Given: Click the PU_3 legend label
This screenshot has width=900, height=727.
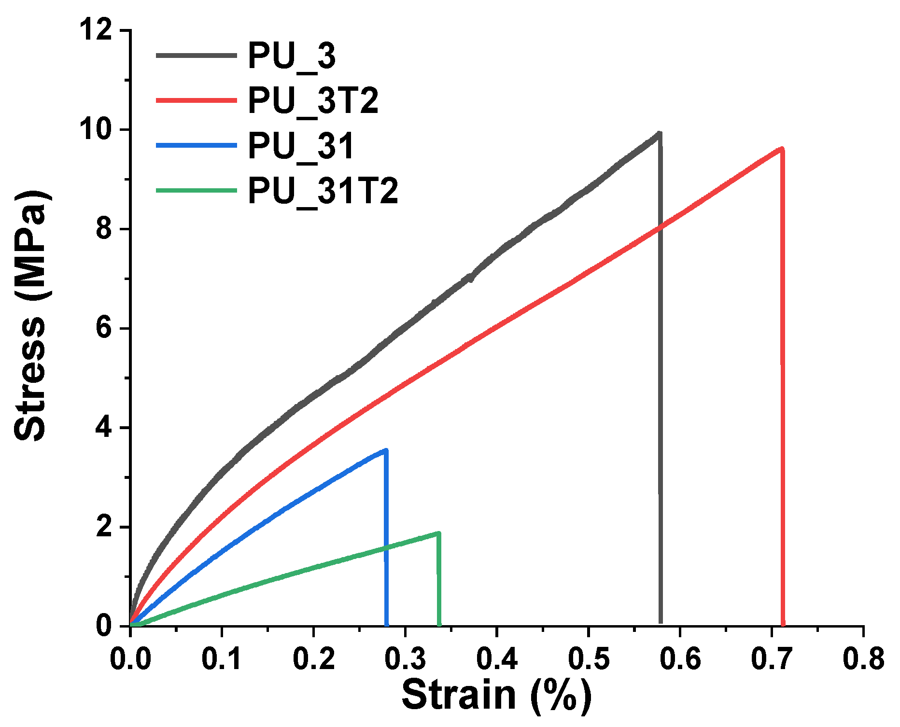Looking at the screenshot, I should coord(292,56).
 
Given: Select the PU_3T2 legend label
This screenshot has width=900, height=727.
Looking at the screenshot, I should coord(313,101).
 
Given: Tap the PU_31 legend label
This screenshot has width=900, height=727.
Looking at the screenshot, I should coord(301,146).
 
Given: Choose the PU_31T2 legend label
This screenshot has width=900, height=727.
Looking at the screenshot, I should coord(323,191).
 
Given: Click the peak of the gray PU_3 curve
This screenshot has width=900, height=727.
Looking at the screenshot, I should coord(659,133).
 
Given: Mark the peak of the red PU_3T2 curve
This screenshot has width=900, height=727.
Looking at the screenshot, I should coord(781,149).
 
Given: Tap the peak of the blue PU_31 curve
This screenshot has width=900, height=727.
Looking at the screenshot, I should coord(385,450).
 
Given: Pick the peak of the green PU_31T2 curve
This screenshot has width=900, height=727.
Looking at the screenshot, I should coord(438,533).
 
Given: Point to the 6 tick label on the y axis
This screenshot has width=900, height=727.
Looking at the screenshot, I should coord(103,329).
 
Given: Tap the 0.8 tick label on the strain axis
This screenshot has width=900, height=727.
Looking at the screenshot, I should coord(863,658).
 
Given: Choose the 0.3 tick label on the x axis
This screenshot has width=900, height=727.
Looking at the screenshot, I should coord(405,658).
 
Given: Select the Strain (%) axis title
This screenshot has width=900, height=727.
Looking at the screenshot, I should coord(496,696).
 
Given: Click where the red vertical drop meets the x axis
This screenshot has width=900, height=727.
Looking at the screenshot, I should coord(782,625).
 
